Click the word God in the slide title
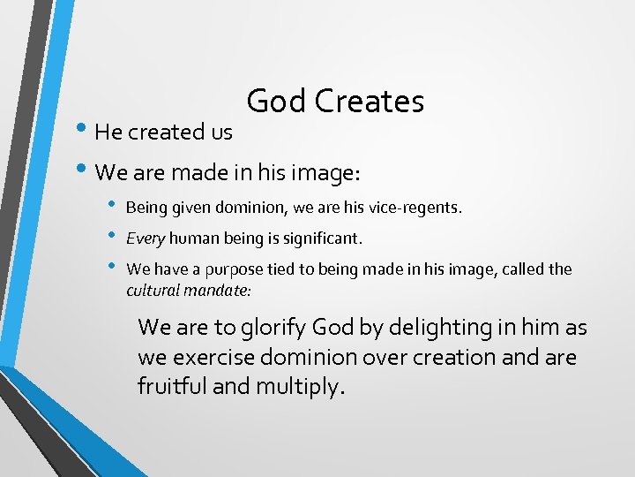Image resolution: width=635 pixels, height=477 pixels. pyautogui.click(x=276, y=102)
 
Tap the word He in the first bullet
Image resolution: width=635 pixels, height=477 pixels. pyautogui.click(x=108, y=132)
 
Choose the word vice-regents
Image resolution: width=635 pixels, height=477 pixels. pyautogui.click(x=418, y=208)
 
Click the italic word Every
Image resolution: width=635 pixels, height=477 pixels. pyautogui.click(x=146, y=238)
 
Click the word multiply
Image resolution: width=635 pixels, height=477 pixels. pyautogui.click(x=295, y=388)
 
